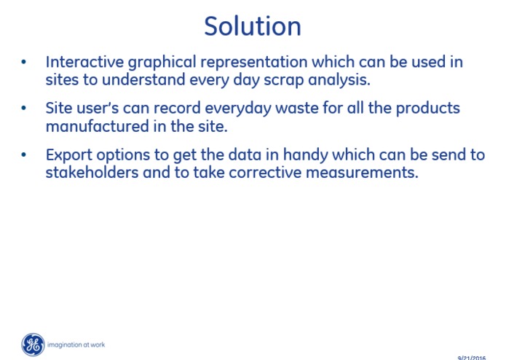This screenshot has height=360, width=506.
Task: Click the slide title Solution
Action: tap(252, 26)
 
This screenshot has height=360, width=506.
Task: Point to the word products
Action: tap(427, 109)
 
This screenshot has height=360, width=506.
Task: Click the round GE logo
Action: tap(33, 344)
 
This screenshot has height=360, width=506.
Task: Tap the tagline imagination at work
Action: tap(76, 345)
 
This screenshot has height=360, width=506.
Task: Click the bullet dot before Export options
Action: tap(25, 155)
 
